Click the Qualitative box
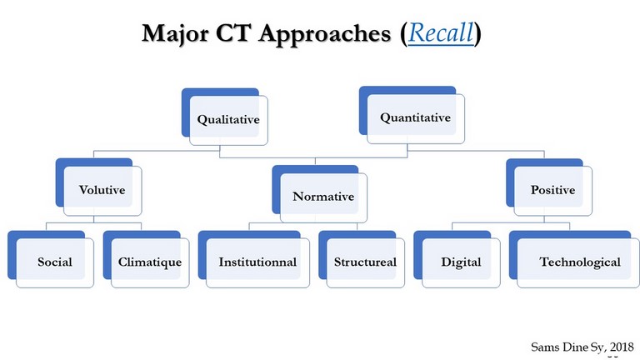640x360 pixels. pyautogui.click(x=225, y=117)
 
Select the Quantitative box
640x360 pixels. pyautogui.click(x=412, y=115)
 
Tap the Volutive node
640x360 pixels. pyautogui.click(x=99, y=187)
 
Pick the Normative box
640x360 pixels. pyautogui.click(x=320, y=194)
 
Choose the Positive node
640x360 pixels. pyautogui.click(x=549, y=187)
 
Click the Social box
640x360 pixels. pyautogui.click(x=51, y=259)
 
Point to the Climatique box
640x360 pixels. pyautogui.click(x=146, y=259)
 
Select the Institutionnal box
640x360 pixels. pyautogui.click(x=254, y=259)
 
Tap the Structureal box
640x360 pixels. pyautogui.click(x=362, y=259)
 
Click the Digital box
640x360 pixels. pyautogui.click(x=457, y=259)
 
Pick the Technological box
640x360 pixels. pyautogui.click(x=574, y=259)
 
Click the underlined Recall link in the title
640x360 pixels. pyautogui.click(x=441, y=32)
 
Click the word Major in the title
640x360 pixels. pyautogui.click(x=175, y=33)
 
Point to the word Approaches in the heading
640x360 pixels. pyautogui.click(x=325, y=34)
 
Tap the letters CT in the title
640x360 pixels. pyautogui.click(x=232, y=32)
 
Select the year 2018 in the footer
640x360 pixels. pyautogui.click(x=622, y=347)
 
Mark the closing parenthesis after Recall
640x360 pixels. pyautogui.click(x=477, y=33)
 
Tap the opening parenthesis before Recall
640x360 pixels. pyautogui.click(x=403, y=33)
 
